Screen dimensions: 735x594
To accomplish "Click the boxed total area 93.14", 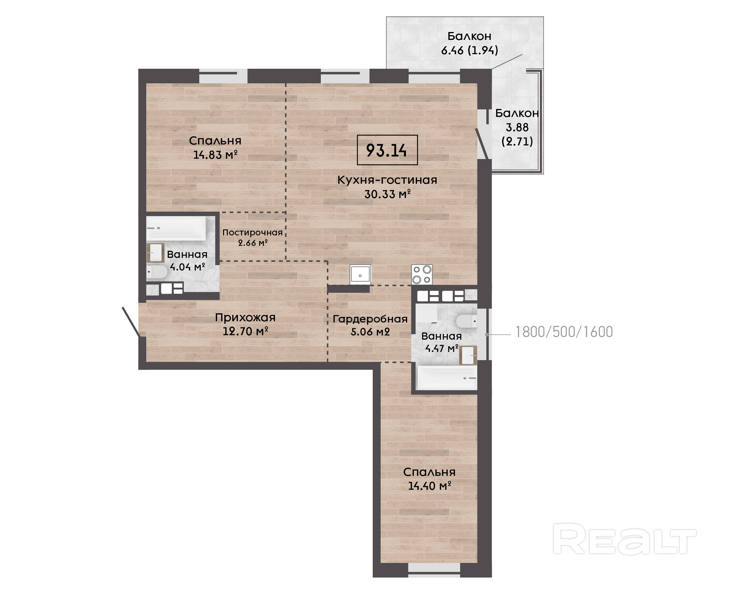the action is [x=387, y=150].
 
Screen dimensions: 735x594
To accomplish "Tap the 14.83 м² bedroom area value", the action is [x=215, y=155].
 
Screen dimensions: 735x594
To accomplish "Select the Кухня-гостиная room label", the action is [x=387, y=180].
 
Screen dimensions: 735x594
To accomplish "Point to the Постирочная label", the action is [x=252, y=233].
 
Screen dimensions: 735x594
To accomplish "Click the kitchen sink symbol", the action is [x=360, y=274].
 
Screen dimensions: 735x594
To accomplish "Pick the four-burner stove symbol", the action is [x=422, y=274].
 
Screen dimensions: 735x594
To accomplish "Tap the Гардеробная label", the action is [x=370, y=319].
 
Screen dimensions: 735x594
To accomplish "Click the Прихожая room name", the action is [x=245, y=317].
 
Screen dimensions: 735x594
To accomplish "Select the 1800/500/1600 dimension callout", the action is [x=564, y=332].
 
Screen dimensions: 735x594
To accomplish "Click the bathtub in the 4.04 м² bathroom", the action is [x=176, y=228].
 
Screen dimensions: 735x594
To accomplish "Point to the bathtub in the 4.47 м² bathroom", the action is [x=447, y=378].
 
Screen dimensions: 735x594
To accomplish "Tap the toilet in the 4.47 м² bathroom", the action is [x=466, y=321].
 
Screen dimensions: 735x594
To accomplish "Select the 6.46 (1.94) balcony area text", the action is [x=470, y=51].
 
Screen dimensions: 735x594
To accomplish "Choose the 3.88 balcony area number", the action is [x=517, y=127].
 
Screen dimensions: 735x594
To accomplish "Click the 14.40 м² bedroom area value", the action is [x=430, y=486].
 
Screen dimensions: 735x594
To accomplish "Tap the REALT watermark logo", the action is [x=624, y=539].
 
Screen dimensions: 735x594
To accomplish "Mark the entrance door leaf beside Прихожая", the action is [x=131, y=322].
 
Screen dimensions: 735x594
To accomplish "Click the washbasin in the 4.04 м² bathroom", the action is [x=155, y=253].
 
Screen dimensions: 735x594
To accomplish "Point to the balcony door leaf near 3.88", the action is [x=483, y=144].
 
